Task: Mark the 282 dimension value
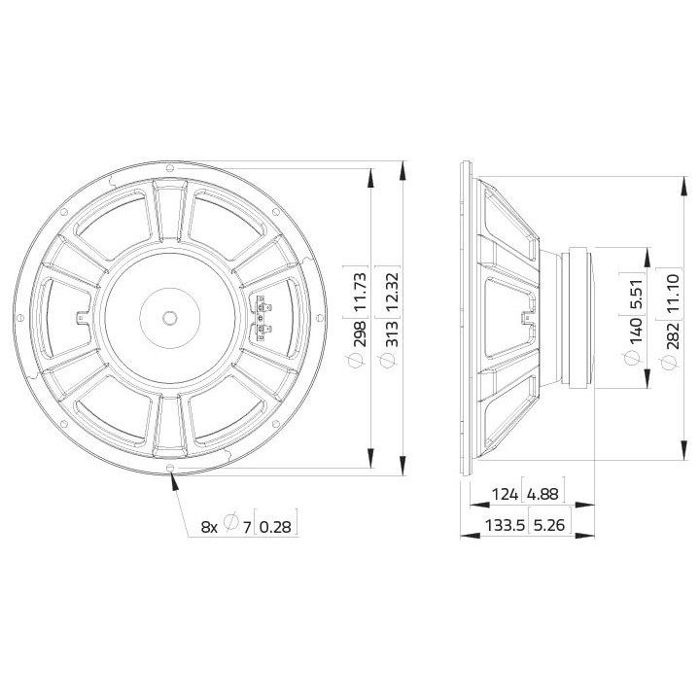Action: (666, 331)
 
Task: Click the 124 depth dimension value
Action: (505, 495)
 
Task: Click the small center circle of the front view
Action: (170, 318)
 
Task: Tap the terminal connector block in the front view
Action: (262, 318)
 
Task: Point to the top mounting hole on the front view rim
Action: (171, 167)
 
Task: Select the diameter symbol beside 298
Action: (357, 361)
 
